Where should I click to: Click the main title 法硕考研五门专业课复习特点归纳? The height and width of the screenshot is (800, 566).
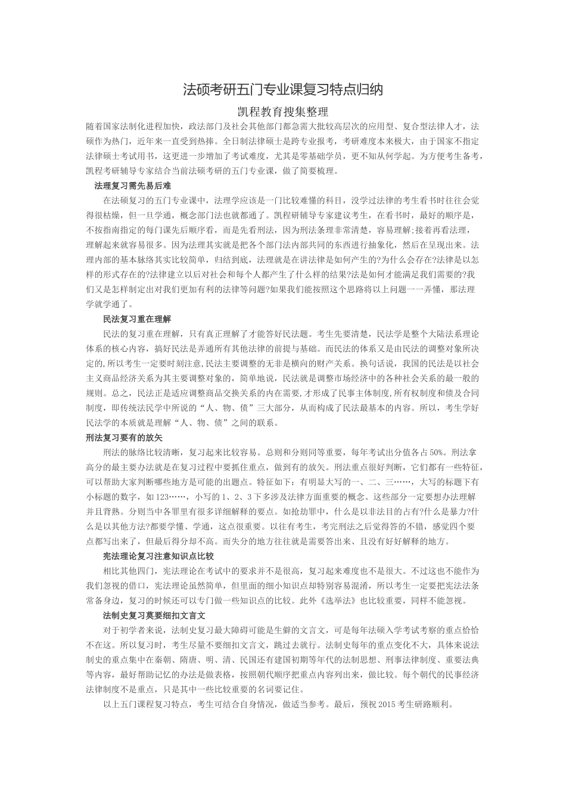283,90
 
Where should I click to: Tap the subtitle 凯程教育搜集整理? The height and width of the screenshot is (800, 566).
283,111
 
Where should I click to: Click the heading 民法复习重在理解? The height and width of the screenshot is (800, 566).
137,319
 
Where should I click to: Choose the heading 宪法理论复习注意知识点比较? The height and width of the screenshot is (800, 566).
158,556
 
